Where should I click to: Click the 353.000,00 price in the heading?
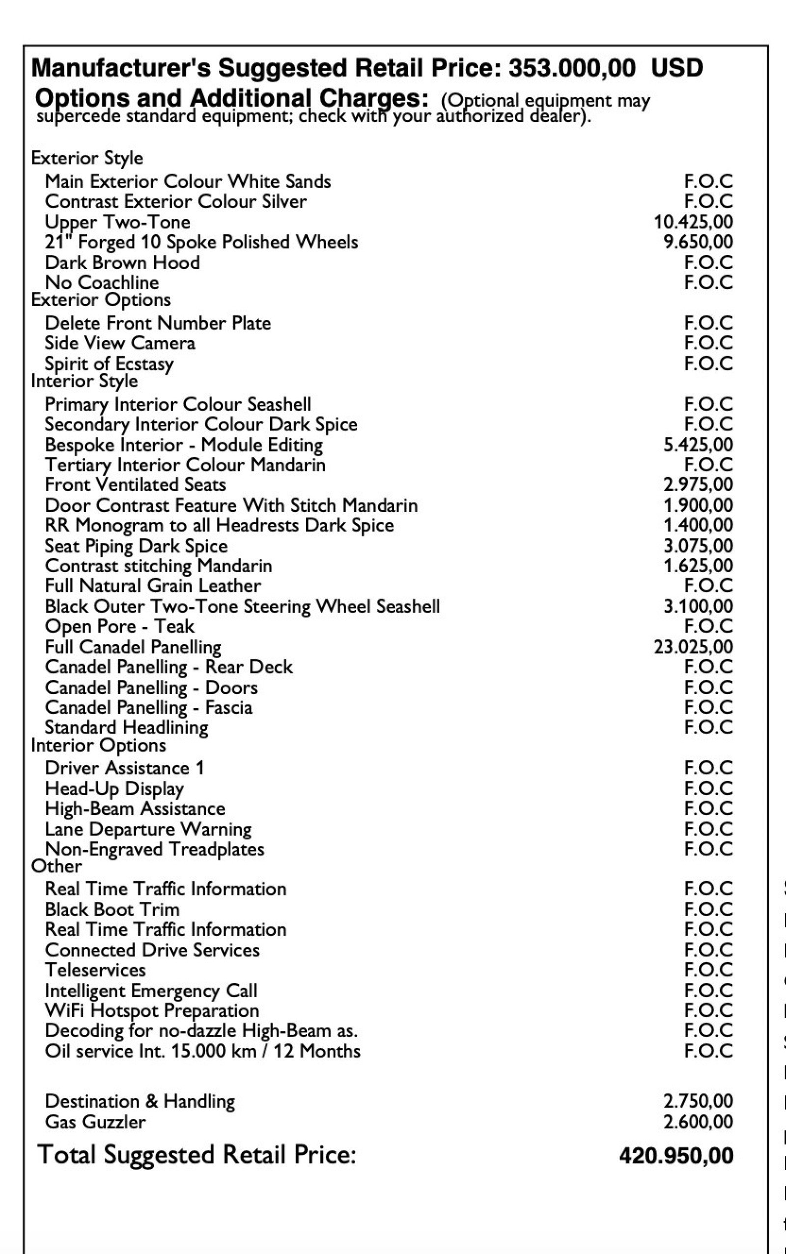tap(571, 68)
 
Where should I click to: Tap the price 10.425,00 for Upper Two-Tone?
tap(693, 222)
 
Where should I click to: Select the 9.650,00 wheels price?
tap(698, 242)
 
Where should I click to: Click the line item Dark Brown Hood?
tap(122, 262)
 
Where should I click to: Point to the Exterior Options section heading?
tap(101, 300)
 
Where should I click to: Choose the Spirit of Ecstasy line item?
tap(109, 363)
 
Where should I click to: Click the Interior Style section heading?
tap(84, 381)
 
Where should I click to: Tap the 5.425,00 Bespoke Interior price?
tap(698, 445)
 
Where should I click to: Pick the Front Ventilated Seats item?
tap(135, 485)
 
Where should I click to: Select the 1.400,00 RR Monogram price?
tap(698, 526)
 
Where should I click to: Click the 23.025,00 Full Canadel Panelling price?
tap(693, 647)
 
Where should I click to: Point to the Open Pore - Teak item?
tap(119, 627)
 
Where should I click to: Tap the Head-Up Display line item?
tap(114, 789)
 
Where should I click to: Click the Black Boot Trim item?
tap(112, 910)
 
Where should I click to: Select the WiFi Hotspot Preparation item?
tap(152, 1011)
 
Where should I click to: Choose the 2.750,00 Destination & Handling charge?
tap(698, 1101)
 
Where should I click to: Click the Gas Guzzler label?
tap(95, 1121)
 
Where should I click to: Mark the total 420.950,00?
tap(676, 1156)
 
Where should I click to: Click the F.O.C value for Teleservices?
tap(708, 970)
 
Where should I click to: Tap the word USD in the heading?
tap(677, 68)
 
